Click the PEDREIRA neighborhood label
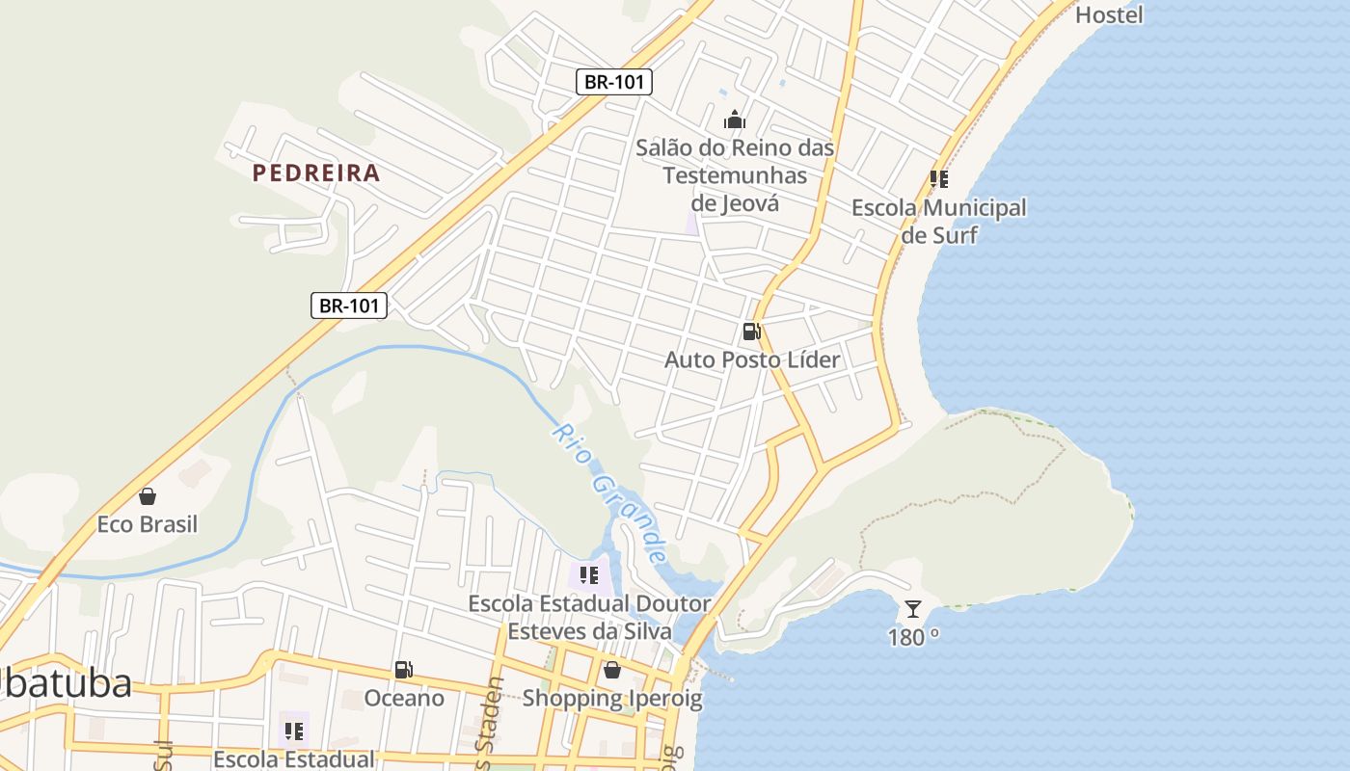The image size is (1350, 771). click(316, 173)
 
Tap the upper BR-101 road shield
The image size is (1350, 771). click(614, 82)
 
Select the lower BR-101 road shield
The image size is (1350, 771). click(349, 306)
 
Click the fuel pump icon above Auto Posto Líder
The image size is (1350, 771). click(751, 332)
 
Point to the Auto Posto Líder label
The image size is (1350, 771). click(752, 359)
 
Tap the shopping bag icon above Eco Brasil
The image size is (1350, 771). click(148, 496)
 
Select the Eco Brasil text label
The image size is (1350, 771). click(148, 524)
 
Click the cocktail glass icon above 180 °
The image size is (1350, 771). click(912, 609)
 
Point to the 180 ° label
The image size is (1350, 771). click(913, 636)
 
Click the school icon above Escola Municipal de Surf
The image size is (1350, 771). click(938, 179)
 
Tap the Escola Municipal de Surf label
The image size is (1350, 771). click(938, 221)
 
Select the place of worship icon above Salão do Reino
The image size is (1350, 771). click(735, 120)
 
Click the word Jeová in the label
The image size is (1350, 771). click(735, 203)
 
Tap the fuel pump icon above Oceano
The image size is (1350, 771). click(404, 670)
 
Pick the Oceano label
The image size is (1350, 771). click(404, 698)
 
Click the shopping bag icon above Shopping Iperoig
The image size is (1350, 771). click(611, 670)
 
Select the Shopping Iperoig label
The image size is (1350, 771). click(612, 698)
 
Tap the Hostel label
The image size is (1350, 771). click(1109, 14)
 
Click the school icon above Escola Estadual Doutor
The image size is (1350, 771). click(589, 576)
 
